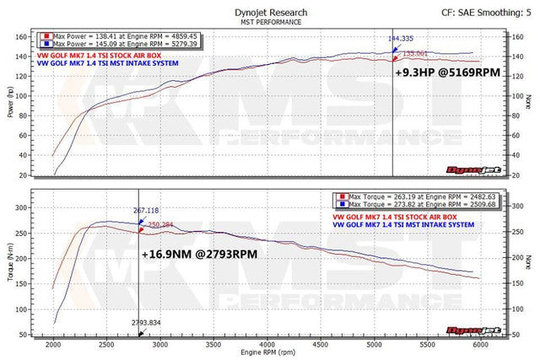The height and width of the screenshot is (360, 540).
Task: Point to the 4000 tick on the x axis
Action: (267, 344)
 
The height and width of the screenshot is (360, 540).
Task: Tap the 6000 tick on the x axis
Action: (480, 344)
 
